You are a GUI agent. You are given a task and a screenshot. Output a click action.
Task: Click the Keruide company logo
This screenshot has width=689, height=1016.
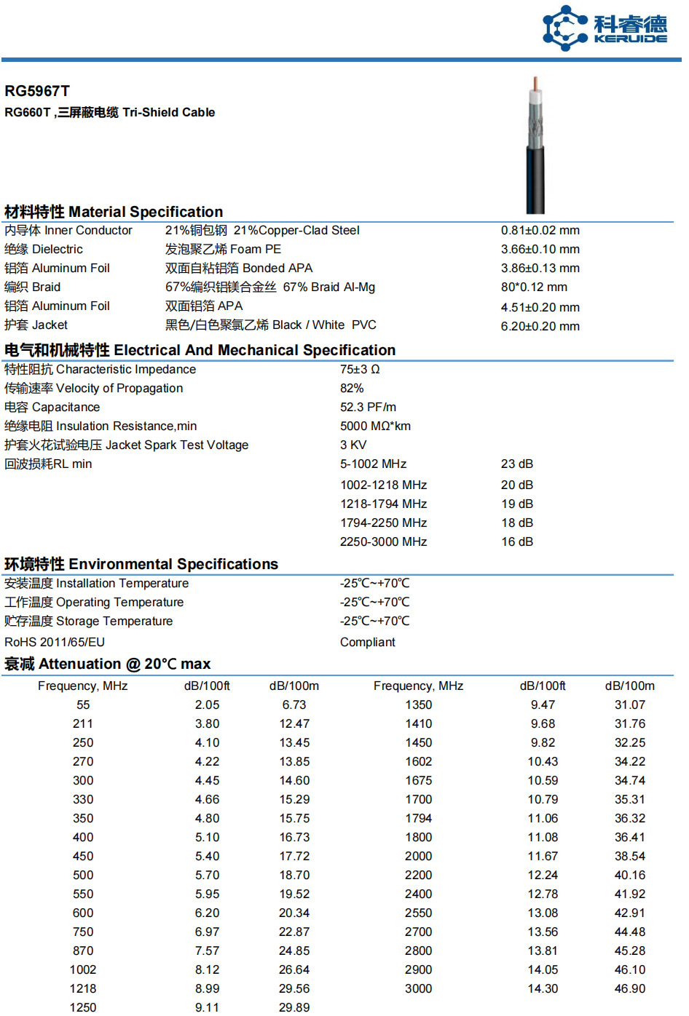coord(605,29)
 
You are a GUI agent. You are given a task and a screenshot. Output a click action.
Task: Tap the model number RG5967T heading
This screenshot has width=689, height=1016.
coord(37,91)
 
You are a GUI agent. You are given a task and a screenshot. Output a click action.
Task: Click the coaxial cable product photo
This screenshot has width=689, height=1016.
coord(535,146)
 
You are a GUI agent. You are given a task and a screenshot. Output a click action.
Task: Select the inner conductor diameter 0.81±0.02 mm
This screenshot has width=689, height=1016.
coord(540,230)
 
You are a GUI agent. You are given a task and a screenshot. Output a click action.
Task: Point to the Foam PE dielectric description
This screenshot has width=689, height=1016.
coord(223,249)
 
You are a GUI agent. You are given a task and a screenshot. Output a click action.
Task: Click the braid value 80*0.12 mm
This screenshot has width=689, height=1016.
coord(534,287)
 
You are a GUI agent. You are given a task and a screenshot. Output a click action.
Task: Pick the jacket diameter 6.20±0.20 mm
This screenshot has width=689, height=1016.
coord(540,326)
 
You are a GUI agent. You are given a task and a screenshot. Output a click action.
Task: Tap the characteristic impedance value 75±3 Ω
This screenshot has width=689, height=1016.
coord(360,369)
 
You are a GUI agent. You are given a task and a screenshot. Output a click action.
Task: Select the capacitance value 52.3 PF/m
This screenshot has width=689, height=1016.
coord(368,407)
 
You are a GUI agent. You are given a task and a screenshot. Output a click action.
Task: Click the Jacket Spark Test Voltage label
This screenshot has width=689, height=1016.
coord(126,445)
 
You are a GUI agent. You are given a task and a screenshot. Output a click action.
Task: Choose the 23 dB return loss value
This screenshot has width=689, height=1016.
coord(517,464)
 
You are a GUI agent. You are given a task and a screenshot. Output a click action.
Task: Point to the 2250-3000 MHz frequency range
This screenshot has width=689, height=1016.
coord(383,541)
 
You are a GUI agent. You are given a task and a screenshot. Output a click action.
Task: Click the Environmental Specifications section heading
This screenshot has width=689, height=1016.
coord(141,564)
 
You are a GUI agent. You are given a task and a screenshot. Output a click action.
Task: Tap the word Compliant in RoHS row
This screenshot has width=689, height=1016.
coord(367,642)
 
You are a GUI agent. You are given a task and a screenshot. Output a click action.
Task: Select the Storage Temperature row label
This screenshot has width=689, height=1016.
coord(88,621)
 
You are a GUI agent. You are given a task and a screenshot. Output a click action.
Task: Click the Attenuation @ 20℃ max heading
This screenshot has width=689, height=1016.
coord(108,664)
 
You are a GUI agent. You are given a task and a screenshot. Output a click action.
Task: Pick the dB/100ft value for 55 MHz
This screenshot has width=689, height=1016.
coord(207,705)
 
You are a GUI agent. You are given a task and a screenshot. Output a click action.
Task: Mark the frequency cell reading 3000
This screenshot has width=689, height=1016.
coord(418,988)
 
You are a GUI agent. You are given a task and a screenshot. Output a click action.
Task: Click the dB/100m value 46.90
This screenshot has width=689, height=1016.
coord(629,988)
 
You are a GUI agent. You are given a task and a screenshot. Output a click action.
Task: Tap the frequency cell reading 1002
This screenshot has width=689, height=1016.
coord(83,969)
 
